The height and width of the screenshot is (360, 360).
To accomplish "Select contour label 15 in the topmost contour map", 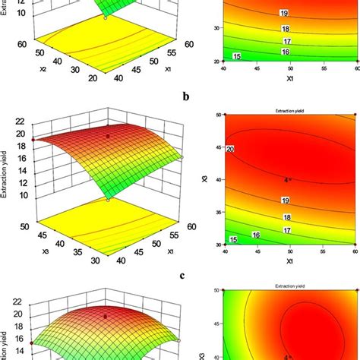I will pyautogui.click(x=236, y=57).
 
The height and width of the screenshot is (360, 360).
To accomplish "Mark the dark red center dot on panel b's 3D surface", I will pyautogui.click(x=108, y=137).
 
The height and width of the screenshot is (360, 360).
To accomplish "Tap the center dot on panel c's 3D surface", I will pyautogui.click(x=106, y=313).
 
